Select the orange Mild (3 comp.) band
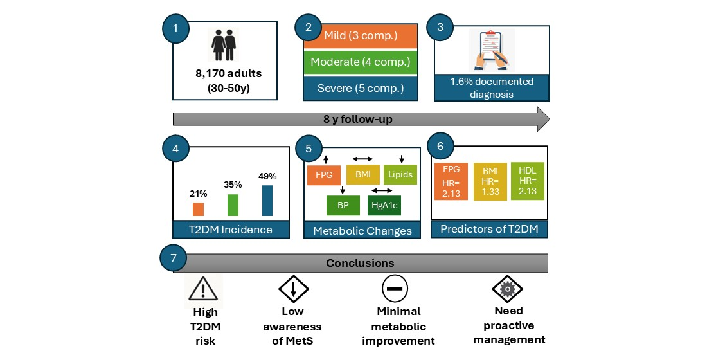tap(361, 36)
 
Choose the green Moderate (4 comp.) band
tap(361, 62)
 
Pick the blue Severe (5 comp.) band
tap(361, 87)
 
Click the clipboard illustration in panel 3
tap(492, 50)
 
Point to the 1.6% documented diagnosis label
tap(492, 87)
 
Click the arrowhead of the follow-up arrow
tap(542, 119)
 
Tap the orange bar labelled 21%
tap(198, 209)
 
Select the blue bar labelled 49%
tap(267, 201)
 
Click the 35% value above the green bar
tap(233, 184)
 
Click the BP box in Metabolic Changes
tap(343, 206)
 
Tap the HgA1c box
tap(384, 206)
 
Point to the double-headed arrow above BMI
tap(362, 158)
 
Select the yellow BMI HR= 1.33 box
tap(490, 183)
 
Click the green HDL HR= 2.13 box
tap(527, 181)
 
